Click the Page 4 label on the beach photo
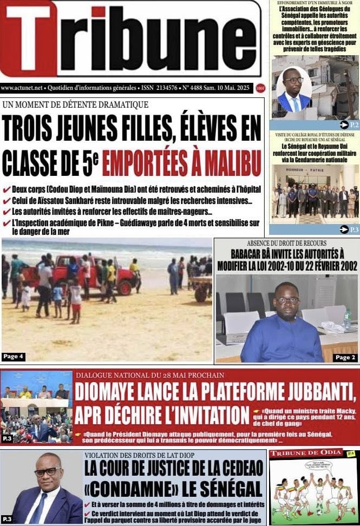click(x=13, y=356)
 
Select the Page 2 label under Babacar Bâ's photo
click(x=345, y=357)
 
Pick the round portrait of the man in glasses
click(x=293, y=89)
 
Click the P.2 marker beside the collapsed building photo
click(x=349, y=124)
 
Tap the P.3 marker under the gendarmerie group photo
click(x=349, y=229)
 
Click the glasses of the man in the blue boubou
click(x=287, y=300)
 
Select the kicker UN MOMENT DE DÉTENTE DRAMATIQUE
click(x=75, y=104)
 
